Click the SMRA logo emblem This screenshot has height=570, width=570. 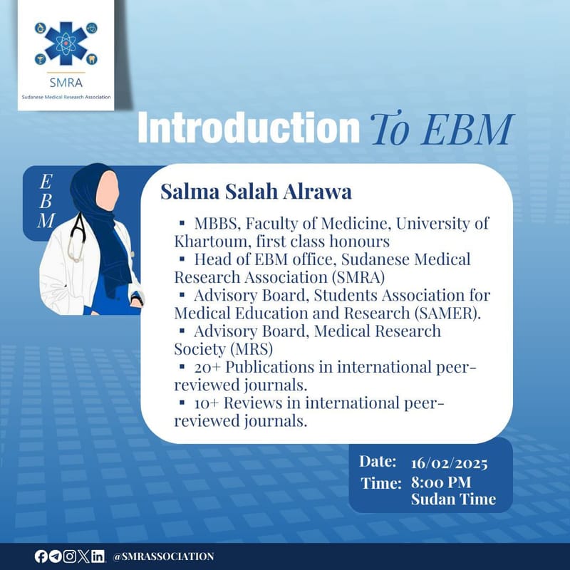tap(66, 43)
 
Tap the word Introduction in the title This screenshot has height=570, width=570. tap(249, 128)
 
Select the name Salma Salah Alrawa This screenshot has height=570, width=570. tap(256, 192)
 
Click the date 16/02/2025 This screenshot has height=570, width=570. tap(449, 464)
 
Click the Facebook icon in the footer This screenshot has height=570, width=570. tap(41, 556)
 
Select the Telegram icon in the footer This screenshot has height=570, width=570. tap(55, 556)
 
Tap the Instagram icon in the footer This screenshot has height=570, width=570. tap(69, 556)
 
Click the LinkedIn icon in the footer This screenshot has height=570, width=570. tap(98, 556)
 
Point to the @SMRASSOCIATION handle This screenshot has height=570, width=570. tap(163, 556)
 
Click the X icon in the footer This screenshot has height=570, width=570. tap(83, 556)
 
